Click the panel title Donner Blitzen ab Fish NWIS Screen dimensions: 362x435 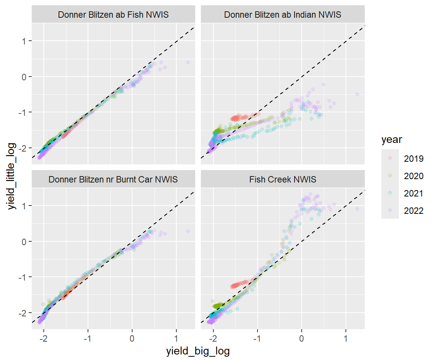tap(113, 15)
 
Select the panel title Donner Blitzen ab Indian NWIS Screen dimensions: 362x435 tap(282, 15)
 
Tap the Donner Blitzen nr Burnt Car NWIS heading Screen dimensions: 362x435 tap(113, 179)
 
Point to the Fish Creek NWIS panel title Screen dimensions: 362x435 tap(282, 179)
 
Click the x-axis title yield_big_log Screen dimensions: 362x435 tap(198, 351)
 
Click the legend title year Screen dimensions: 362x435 tap(391, 140)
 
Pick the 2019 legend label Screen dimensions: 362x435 tap(413, 159)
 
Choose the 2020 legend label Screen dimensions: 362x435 tap(413, 176)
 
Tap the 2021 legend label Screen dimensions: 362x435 tap(413, 193)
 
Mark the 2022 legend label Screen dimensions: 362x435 tap(413, 211)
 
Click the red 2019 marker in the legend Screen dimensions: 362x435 tap(390, 159)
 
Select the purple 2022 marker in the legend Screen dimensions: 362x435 tap(390, 211)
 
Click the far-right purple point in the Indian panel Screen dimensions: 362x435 tap(357, 94)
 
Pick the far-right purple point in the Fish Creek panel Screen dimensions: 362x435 tap(357, 209)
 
